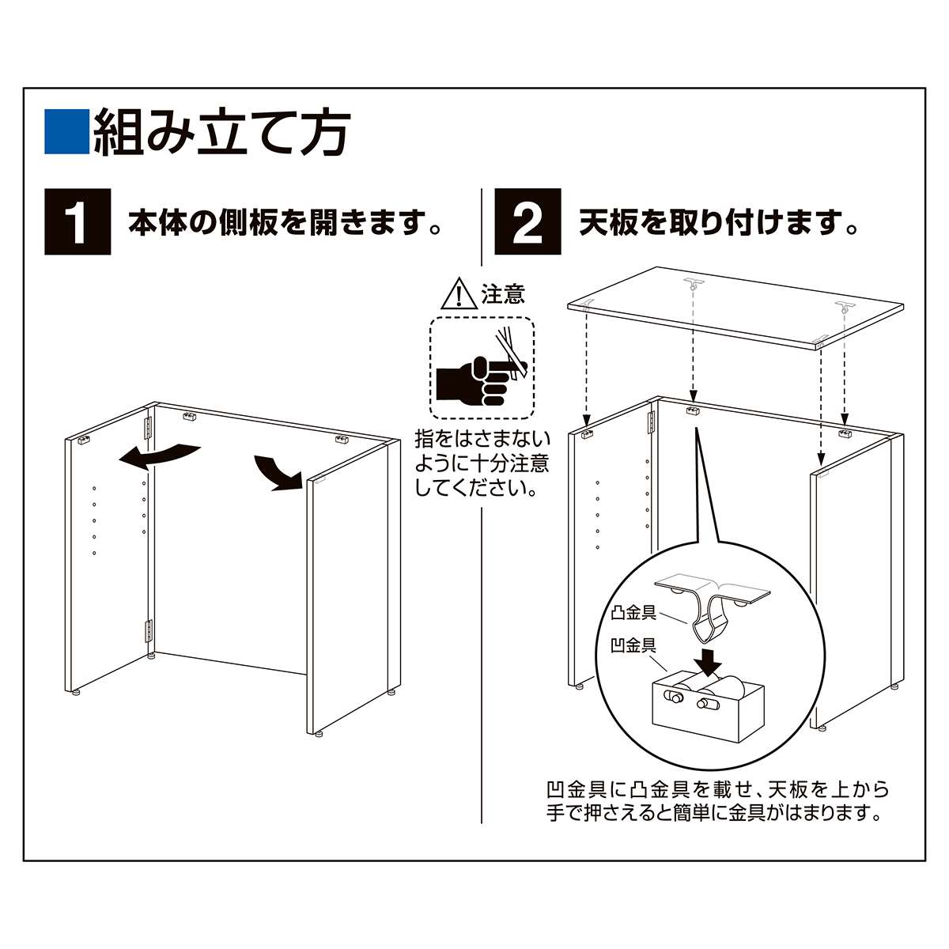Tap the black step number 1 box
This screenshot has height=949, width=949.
[x=78, y=222]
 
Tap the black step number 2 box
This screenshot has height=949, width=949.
[x=527, y=222]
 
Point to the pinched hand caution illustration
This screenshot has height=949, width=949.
[x=481, y=368]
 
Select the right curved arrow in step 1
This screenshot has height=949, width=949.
[x=277, y=472]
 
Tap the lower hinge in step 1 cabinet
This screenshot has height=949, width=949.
[x=148, y=631]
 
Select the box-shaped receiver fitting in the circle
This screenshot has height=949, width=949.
[x=708, y=699]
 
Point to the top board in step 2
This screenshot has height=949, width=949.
[x=735, y=308]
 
